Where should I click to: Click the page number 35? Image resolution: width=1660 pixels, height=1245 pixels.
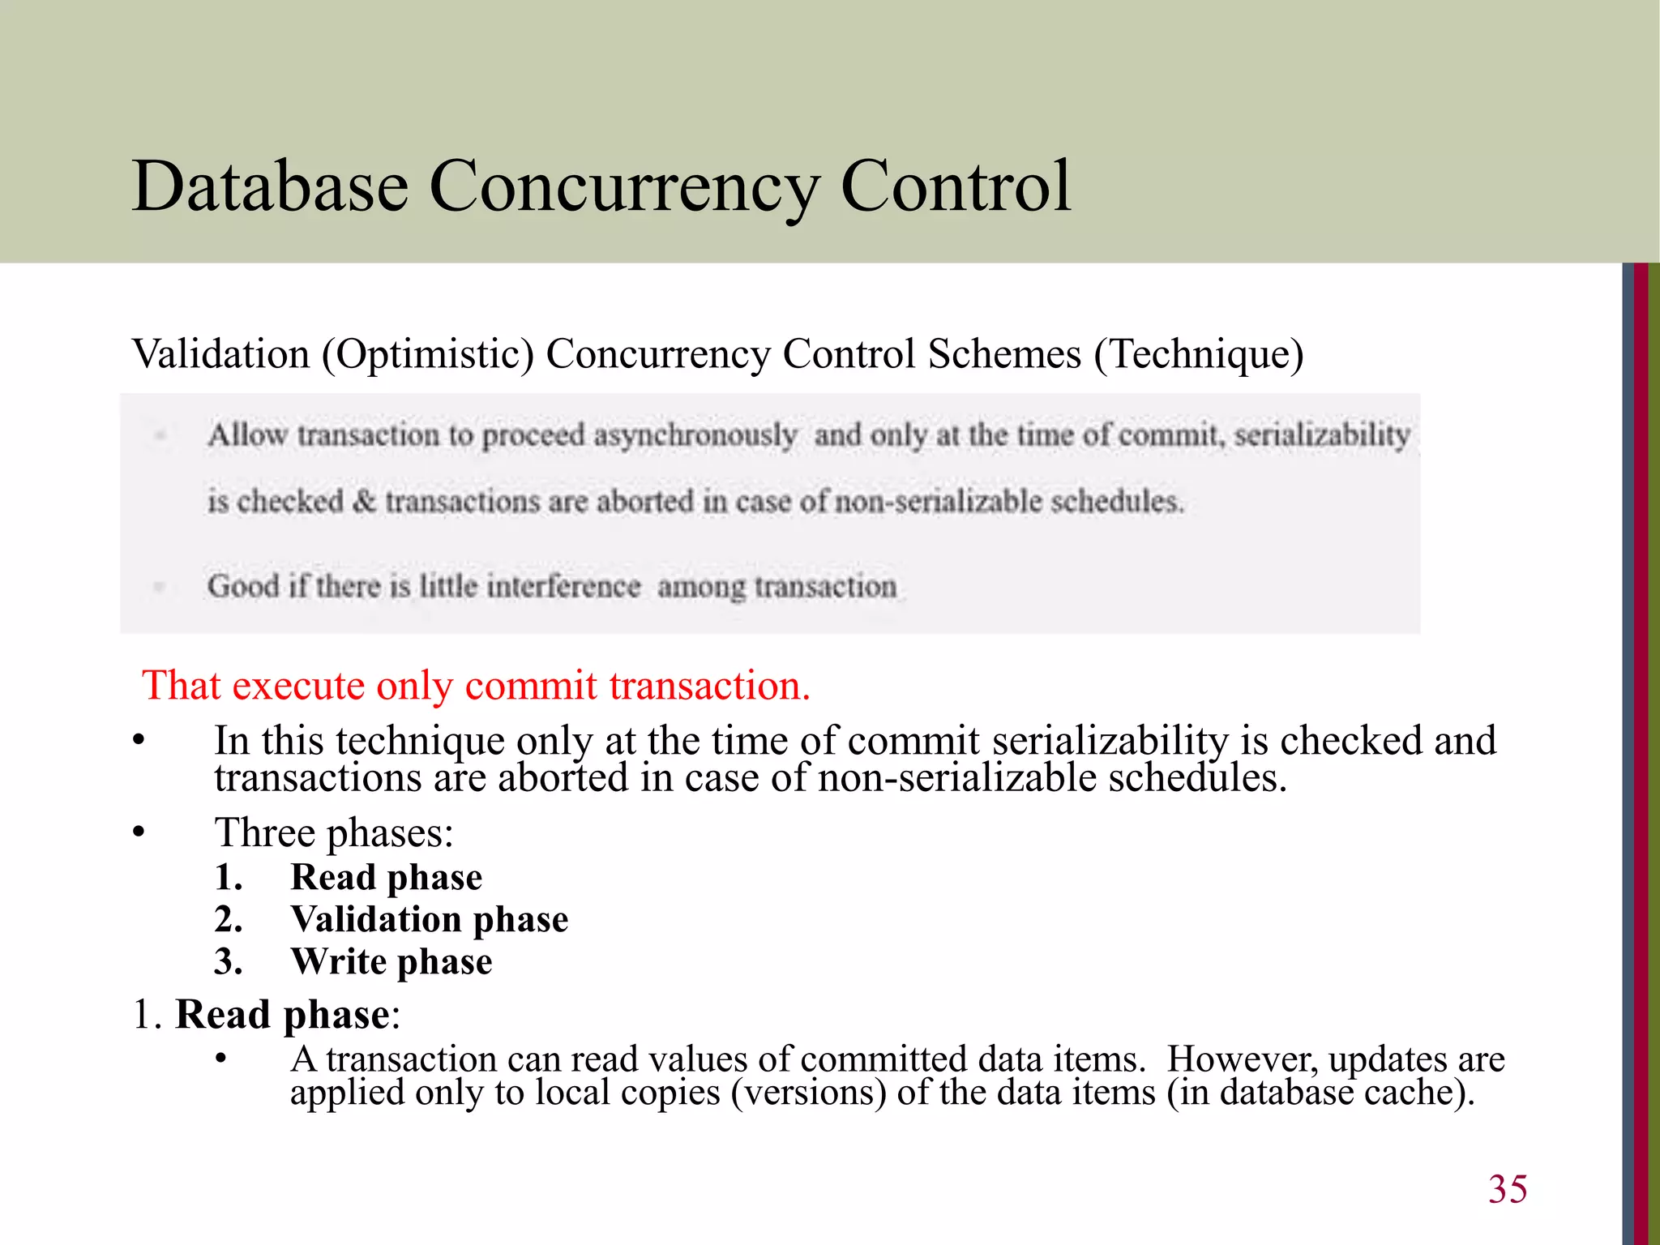coord(1507,1189)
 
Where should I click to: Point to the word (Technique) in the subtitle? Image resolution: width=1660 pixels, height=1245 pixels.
coord(1198,354)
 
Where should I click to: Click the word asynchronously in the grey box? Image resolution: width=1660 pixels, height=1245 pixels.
coord(695,435)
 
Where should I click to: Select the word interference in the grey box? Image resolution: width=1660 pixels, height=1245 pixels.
coord(563,585)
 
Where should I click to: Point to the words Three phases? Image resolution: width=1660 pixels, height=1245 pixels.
coord(333,832)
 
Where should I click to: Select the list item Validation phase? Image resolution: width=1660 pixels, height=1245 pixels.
coord(429,919)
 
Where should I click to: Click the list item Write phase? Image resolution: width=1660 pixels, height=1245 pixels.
coord(391,961)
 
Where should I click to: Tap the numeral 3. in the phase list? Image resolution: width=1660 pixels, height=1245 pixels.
coord(228,961)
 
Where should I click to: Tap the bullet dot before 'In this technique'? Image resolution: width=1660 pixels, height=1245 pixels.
coord(139,741)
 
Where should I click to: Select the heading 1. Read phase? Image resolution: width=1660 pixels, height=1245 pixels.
coord(267,1015)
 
